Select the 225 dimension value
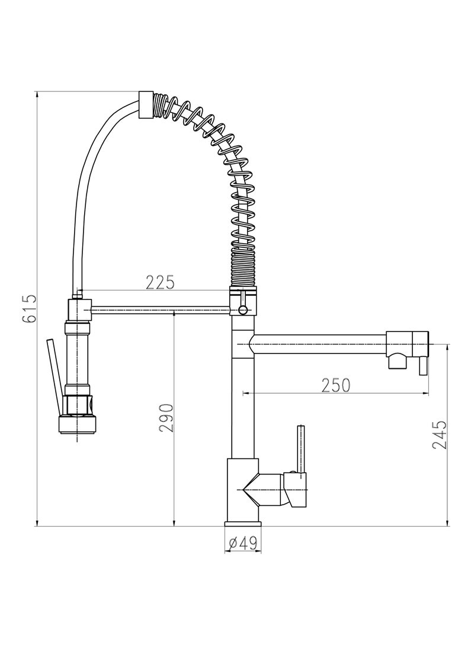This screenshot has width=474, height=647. [161, 282]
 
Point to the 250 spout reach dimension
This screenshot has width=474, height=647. [336, 385]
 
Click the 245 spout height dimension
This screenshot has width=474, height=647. [439, 435]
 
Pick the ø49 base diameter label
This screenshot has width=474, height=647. [242, 542]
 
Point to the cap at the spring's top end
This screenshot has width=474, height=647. [146, 105]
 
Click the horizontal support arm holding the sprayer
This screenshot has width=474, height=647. [160, 308]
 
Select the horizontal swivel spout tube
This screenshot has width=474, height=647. [320, 343]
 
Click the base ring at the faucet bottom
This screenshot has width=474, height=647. [242, 525]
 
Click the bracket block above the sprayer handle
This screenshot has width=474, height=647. [79, 310]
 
